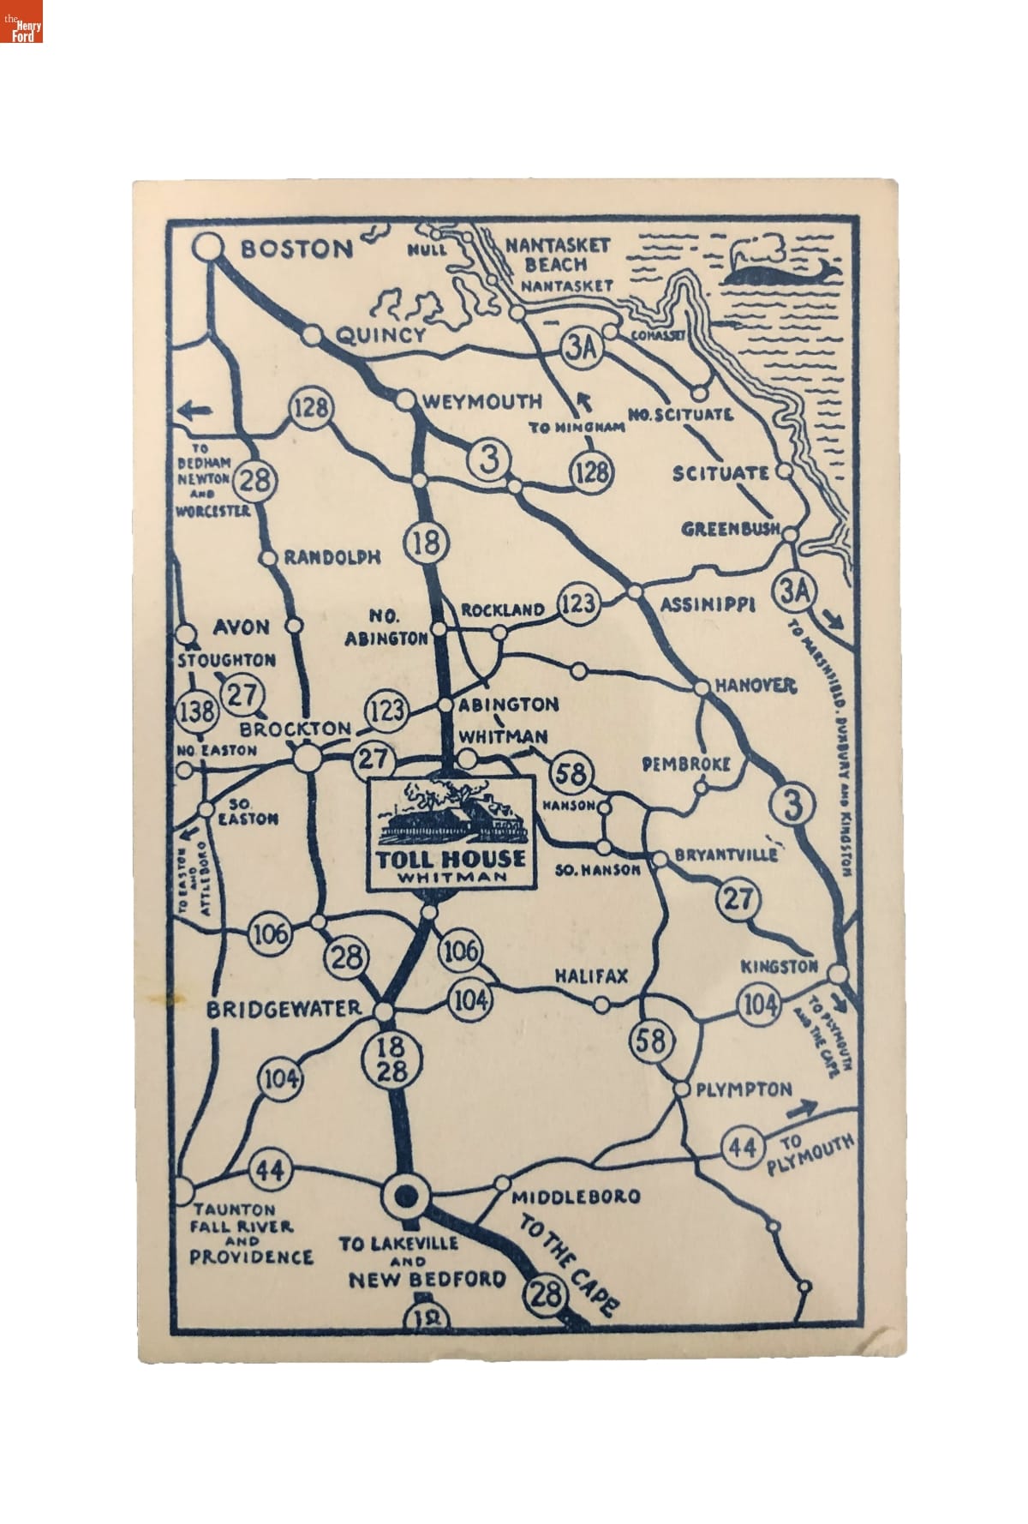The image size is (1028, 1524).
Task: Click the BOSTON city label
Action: (x=296, y=249)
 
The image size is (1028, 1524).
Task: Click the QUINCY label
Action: (x=380, y=335)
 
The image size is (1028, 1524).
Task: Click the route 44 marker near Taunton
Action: (x=271, y=1170)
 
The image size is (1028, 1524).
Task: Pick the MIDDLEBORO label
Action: (x=575, y=1197)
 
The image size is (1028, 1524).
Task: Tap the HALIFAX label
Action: (x=591, y=976)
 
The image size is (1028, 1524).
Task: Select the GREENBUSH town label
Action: (x=731, y=530)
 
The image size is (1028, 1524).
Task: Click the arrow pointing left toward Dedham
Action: (x=196, y=411)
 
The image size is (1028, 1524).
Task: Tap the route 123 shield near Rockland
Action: (x=577, y=603)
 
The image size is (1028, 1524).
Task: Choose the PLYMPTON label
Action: (x=744, y=1089)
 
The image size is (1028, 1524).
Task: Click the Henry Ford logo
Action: (x=21, y=21)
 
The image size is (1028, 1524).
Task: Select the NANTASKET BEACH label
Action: (x=557, y=255)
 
